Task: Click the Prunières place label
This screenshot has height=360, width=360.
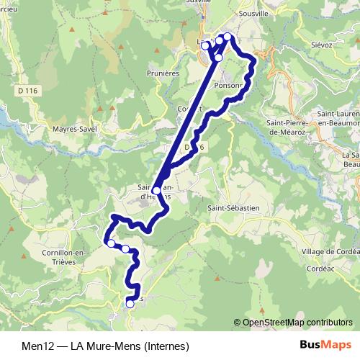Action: [x=161, y=73]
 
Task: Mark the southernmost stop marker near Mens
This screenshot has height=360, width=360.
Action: [x=130, y=304]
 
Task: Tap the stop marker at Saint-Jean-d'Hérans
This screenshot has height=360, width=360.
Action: [x=157, y=191]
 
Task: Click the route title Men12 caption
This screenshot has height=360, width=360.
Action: [x=36, y=346]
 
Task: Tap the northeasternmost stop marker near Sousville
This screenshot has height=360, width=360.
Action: [x=228, y=37]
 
